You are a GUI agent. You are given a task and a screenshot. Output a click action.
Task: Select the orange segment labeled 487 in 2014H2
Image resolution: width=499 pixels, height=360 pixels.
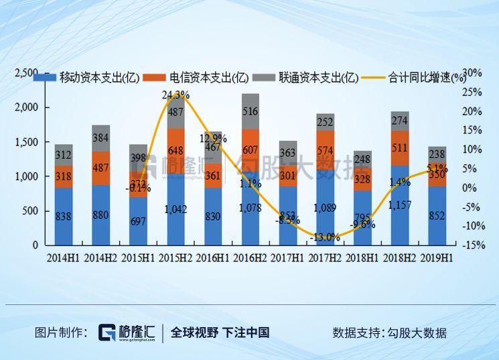(x=101, y=168)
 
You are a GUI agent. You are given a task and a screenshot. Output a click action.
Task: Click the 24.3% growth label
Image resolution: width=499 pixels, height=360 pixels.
(x=175, y=95)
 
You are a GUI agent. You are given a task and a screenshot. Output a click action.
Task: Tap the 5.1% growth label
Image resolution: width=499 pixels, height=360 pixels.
(x=436, y=169)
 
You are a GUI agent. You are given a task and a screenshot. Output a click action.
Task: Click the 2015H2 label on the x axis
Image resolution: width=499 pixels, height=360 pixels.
(x=175, y=257)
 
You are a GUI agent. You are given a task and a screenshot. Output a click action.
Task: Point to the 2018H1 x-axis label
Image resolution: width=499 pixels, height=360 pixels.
(x=362, y=257)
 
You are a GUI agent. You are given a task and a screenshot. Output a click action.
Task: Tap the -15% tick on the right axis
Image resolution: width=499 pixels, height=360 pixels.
(x=474, y=245)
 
